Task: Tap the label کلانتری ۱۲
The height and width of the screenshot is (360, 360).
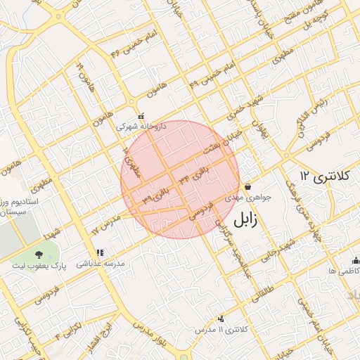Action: click(x=323, y=176)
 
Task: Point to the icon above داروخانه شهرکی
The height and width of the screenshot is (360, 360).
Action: click(x=141, y=116)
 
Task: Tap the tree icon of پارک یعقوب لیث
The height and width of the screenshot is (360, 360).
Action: click(x=38, y=254)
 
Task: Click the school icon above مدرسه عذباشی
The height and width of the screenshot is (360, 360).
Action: click(x=99, y=252)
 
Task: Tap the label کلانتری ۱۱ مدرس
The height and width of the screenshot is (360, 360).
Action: click(x=221, y=329)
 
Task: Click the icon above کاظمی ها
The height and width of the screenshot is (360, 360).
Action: click(x=355, y=259)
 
